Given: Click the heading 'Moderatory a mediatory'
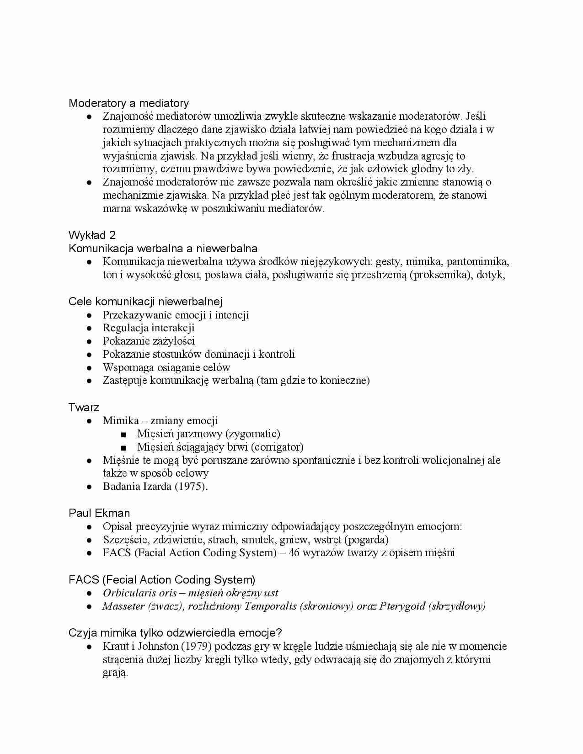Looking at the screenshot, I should point(128,103).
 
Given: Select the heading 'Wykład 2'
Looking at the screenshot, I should point(92,235).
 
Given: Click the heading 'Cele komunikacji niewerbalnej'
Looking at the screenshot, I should point(145,302).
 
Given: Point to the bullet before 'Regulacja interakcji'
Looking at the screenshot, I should point(90,328).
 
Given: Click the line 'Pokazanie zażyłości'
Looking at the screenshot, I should point(149,341).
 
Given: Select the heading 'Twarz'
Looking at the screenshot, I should point(84,407).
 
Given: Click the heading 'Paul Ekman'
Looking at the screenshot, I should point(99,513).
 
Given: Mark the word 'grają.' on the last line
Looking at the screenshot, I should point(115,673).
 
